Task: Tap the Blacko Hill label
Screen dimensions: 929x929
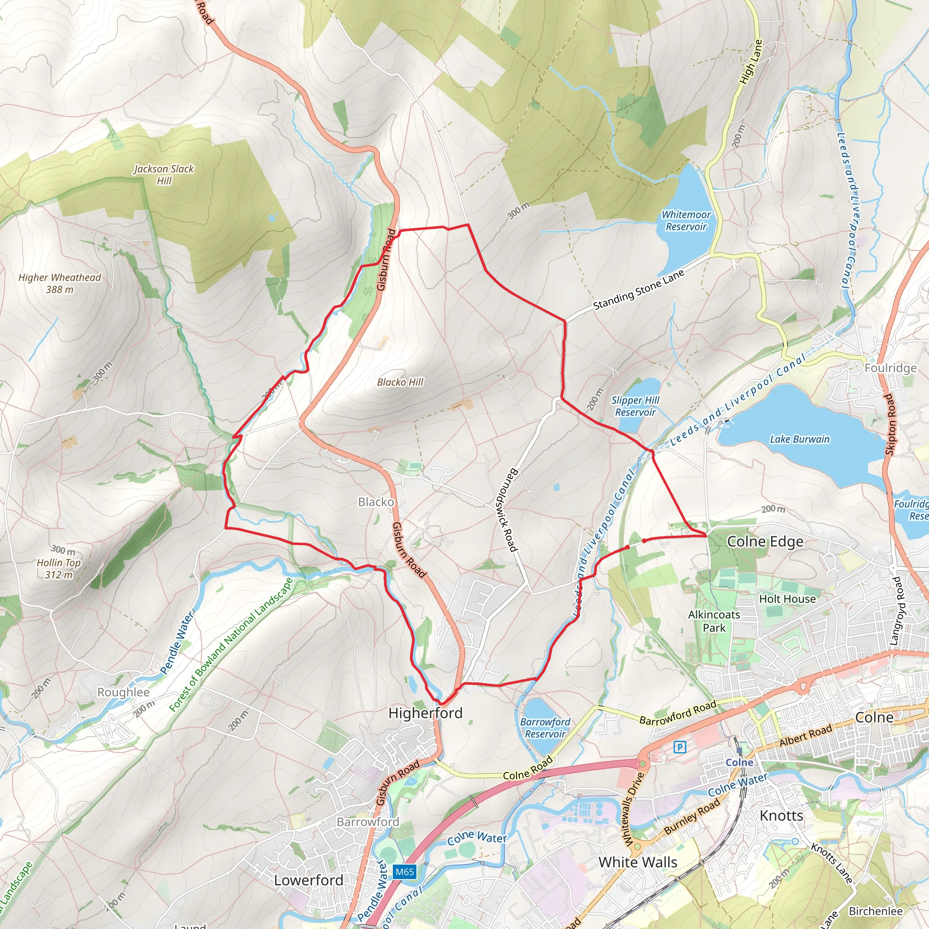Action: pos(400,382)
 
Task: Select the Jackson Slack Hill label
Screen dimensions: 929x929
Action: pos(164,175)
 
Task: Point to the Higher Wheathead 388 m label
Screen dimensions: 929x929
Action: pos(59,283)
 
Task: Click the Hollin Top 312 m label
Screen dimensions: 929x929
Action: pos(59,562)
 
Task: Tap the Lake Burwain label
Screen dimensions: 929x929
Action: pos(800,439)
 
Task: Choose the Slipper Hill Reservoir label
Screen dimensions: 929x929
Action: pos(635,406)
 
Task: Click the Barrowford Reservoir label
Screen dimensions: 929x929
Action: pos(545,728)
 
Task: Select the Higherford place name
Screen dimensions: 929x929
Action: pos(425,713)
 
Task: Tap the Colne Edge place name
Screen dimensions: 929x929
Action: pos(764,542)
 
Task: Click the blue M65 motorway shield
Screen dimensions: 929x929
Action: pos(404,872)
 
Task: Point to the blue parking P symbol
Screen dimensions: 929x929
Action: pos(680,747)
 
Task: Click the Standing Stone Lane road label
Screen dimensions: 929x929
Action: pos(638,290)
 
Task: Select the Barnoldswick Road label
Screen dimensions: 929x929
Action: pos(505,510)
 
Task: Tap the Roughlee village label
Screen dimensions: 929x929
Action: pos(123,692)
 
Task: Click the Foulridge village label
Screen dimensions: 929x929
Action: pos(890,368)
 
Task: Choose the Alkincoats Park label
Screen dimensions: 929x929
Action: pos(714,621)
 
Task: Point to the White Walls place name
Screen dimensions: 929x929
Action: pos(638,862)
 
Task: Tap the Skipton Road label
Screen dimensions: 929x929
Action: pos(890,424)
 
